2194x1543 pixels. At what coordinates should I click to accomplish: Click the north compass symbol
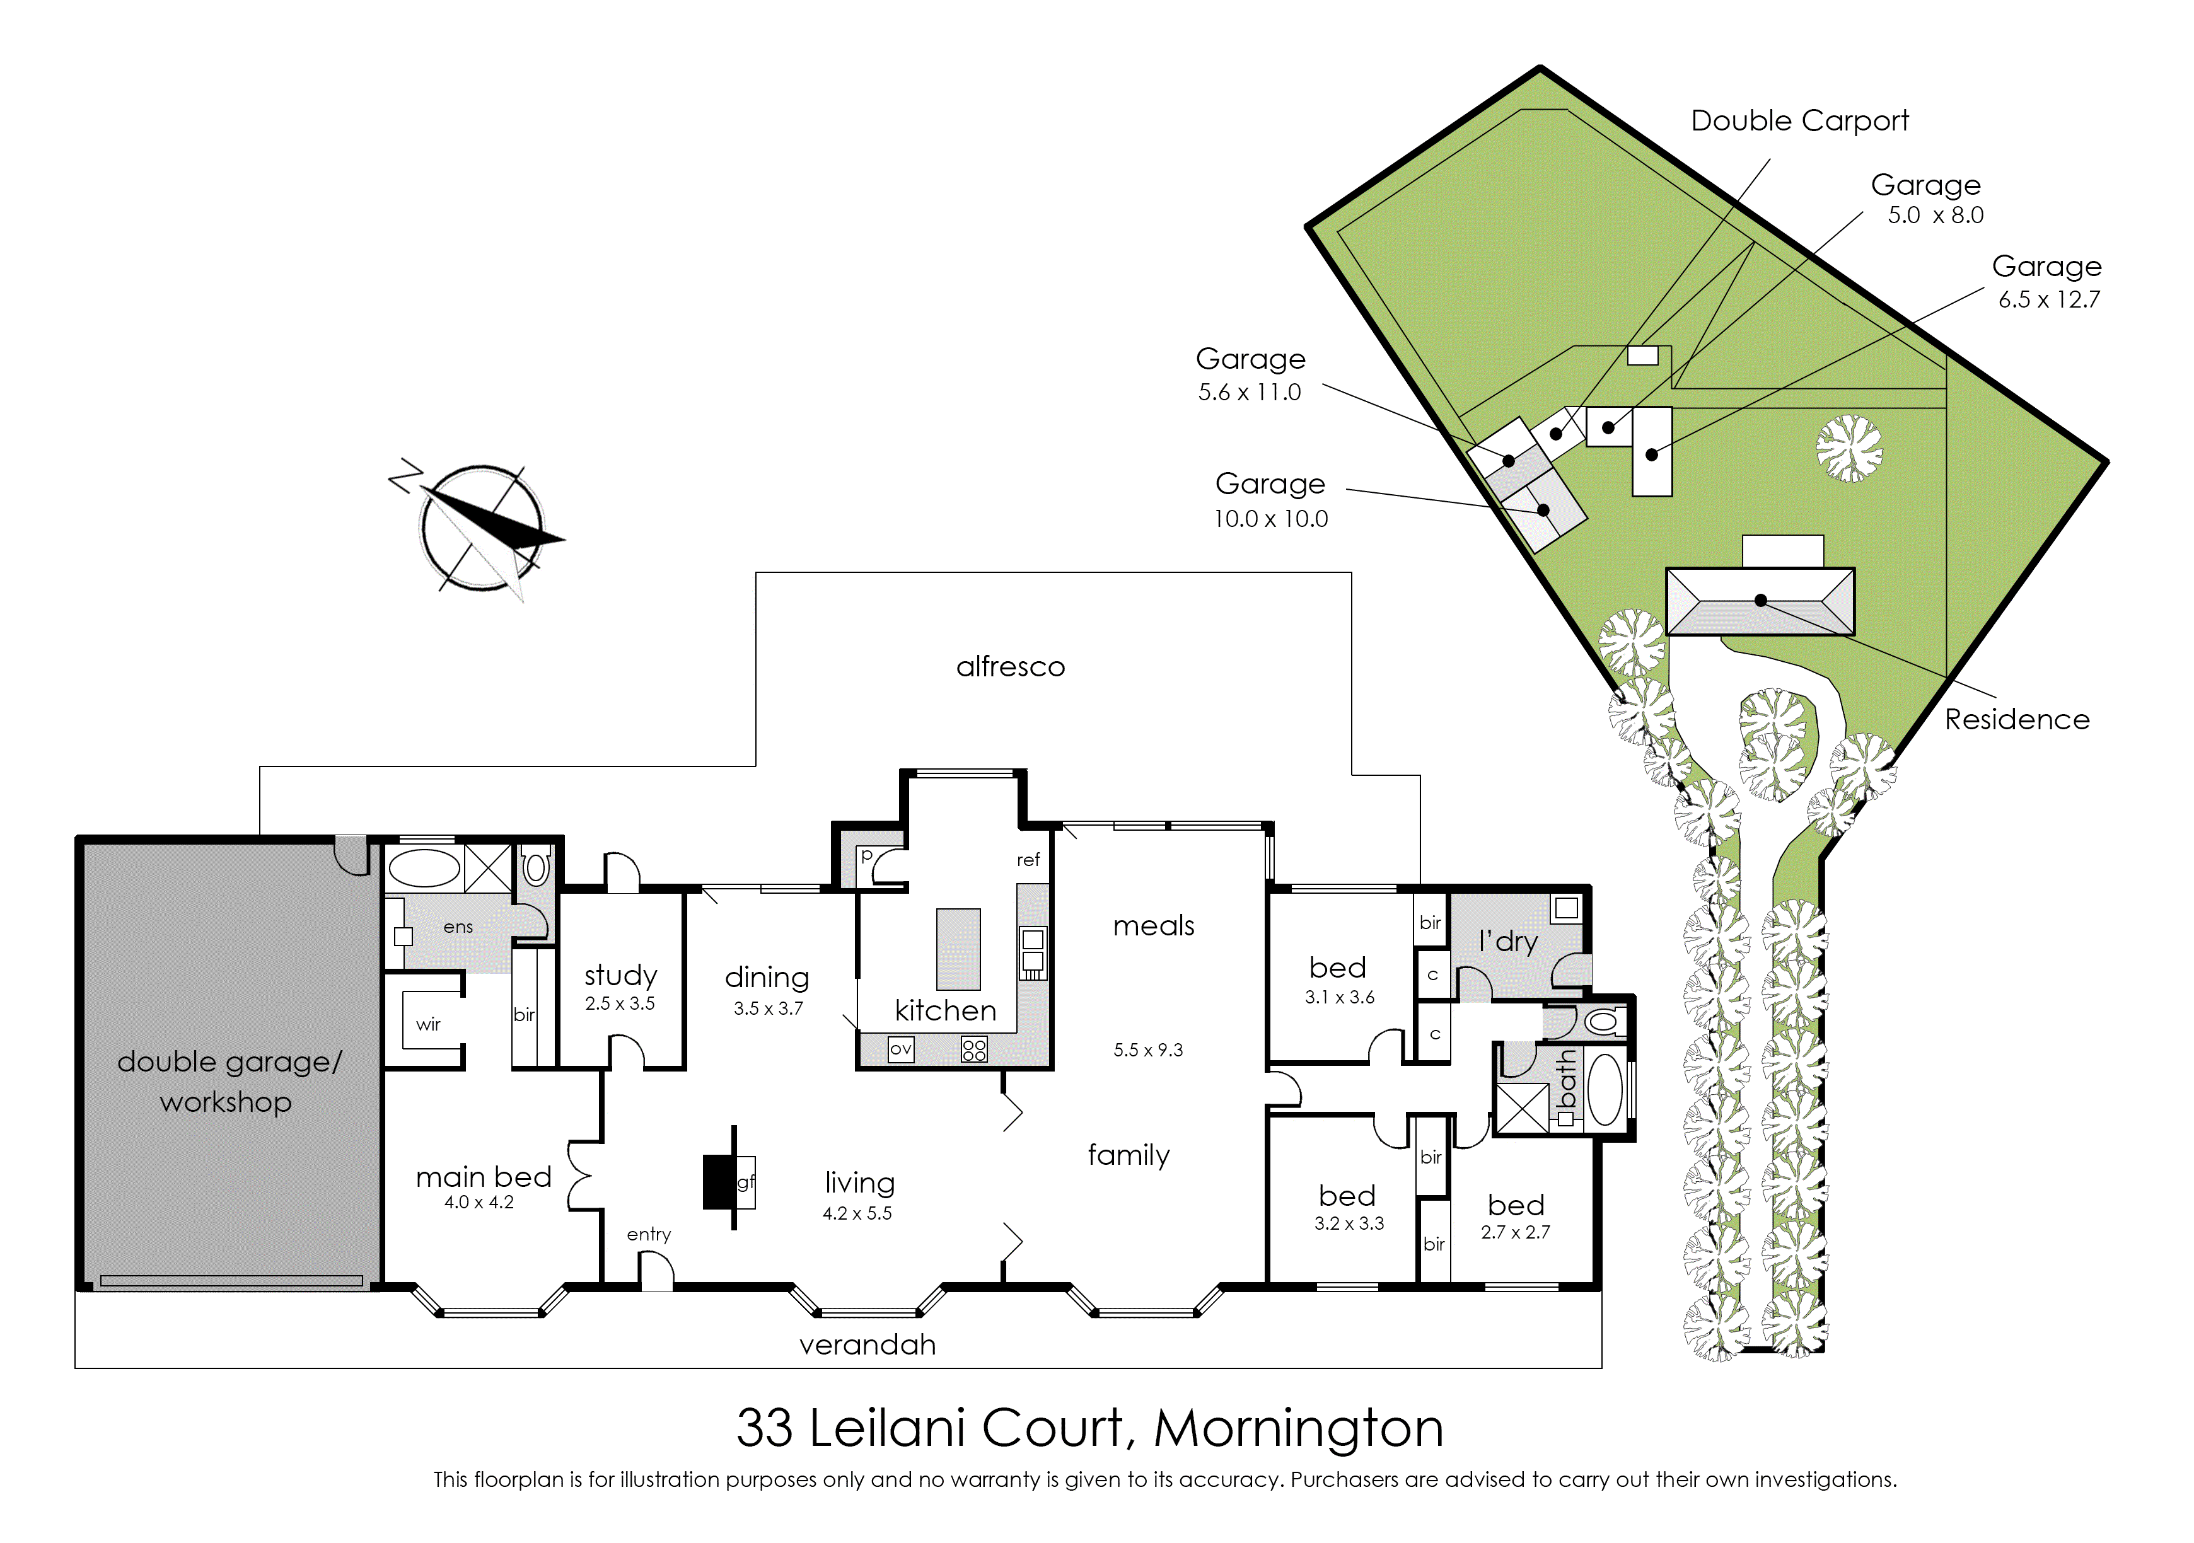[x=478, y=528]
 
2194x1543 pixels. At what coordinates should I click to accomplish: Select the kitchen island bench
[x=958, y=949]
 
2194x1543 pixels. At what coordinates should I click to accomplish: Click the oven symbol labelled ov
[x=900, y=1049]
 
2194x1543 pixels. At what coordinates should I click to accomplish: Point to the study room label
[x=621, y=976]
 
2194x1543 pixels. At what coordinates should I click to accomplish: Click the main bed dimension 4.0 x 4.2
[x=479, y=1202]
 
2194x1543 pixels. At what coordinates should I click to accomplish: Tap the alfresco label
[x=1010, y=666]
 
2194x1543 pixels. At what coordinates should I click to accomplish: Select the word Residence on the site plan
[x=2017, y=719]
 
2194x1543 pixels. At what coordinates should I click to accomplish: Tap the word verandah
[x=868, y=1344]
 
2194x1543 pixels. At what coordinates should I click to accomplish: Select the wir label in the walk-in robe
[x=428, y=1024]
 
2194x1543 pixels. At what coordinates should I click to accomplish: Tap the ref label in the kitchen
[x=1028, y=860]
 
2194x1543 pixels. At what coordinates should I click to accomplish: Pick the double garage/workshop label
[x=228, y=1082]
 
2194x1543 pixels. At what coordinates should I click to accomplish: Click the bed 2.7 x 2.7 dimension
[x=1516, y=1232]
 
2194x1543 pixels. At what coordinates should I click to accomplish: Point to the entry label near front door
[x=649, y=1234]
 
